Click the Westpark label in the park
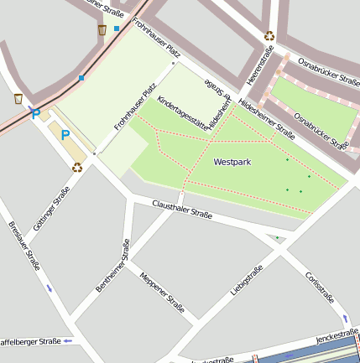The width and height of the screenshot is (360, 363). pos(232,161)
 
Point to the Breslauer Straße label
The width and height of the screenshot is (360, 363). pos(24,245)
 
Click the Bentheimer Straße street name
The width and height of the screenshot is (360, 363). pos(113,266)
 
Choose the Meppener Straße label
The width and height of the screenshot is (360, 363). pos(162,293)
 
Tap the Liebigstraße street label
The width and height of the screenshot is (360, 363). pos(247,281)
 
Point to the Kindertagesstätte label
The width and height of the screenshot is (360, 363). pos(183,112)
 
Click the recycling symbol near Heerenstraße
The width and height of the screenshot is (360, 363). pos(269,36)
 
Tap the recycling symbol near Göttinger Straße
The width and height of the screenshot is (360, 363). pos(77,167)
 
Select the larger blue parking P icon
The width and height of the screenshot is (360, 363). pos(64,134)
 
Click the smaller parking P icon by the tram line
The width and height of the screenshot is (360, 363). pos(34,112)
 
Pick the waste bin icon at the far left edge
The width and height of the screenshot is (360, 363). pos(18,99)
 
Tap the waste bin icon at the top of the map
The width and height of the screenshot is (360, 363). pos(102,30)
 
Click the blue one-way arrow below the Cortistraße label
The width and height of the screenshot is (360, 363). pos(344,319)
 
